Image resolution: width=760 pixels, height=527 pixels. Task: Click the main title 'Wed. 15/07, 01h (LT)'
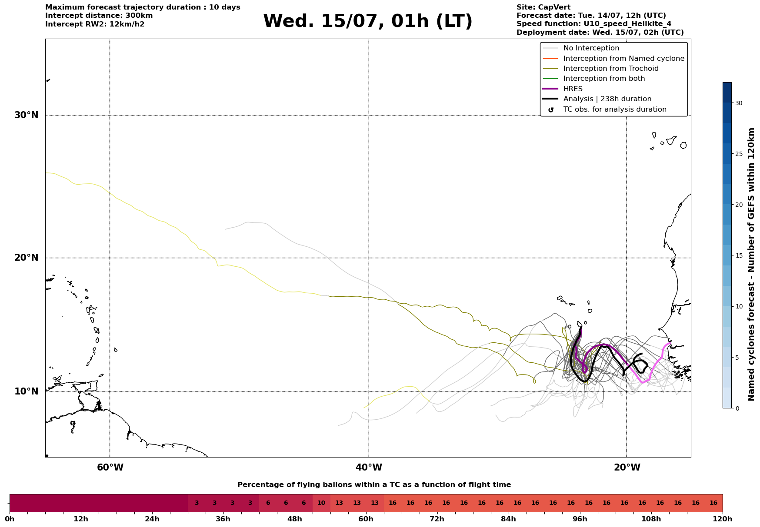coord(367,21)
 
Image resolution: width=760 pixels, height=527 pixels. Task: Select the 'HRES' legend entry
coord(573,89)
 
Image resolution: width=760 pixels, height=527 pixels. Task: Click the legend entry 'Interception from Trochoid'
coord(611,69)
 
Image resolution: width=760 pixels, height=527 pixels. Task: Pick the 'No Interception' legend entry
coord(591,48)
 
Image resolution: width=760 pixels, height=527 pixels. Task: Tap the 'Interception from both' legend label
coord(604,79)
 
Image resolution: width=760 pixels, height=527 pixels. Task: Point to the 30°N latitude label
coord(27,115)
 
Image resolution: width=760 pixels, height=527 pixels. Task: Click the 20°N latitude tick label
coord(27,258)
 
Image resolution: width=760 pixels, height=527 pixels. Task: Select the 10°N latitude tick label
coord(27,391)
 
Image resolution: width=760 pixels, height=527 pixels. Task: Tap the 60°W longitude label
coord(110,467)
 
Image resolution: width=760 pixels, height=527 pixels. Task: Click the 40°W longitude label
coord(369,467)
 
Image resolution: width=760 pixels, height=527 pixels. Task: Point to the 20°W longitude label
coord(627,467)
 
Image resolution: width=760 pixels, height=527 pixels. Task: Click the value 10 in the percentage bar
coord(321,503)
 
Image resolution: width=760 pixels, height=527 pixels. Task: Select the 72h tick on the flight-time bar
coord(437,519)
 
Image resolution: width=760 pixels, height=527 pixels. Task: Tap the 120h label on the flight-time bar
coord(723,519)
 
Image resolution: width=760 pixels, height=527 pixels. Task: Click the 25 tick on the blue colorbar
coord(739,154)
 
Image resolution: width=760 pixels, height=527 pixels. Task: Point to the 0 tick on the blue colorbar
coord(737,408)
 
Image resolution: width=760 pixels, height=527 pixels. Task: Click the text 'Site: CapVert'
coord(543,7)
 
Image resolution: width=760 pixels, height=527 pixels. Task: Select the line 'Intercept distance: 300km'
coord(99,16)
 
